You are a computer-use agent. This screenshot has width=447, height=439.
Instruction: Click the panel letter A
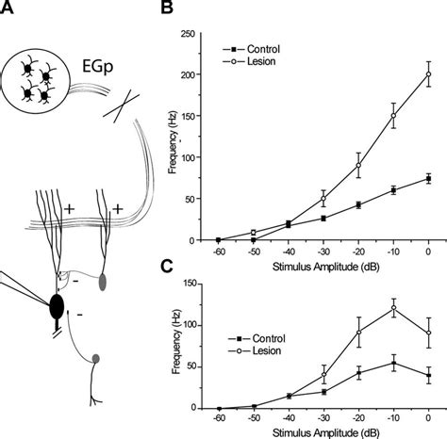7,12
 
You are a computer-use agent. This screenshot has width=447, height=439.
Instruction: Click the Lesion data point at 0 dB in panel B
429,73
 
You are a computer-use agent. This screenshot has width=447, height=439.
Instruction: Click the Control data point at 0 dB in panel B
429,178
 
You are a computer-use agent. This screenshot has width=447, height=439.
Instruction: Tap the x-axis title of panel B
323,266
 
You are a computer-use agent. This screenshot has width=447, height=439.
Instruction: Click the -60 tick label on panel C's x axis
218,417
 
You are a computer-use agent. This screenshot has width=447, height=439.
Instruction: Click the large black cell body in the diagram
56,307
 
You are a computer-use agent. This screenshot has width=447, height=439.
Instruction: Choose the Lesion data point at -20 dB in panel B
359,165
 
